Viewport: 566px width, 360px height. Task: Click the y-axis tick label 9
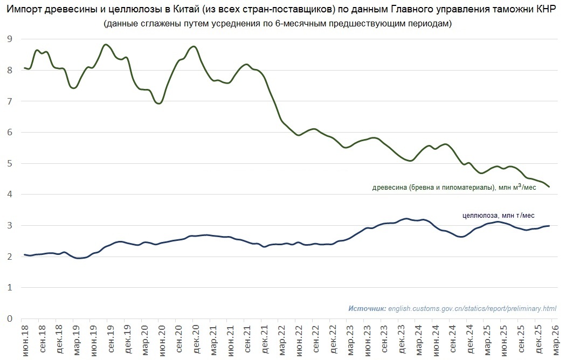tap(9, 39)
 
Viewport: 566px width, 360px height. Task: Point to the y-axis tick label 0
tap(9, 319)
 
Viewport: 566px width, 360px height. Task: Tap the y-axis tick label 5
tap(9, 163)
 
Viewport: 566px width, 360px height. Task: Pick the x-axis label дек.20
tap(195, 340)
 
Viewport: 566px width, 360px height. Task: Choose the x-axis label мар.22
tap(281, 340)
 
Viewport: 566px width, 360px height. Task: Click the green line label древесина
tap(390, 188)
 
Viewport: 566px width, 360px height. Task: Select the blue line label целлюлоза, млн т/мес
tap(499, 215)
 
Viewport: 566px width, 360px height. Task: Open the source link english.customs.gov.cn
tap(472, 308)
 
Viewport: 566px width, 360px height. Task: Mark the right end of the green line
tap(549, 186)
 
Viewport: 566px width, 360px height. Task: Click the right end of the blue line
tap(549, 226)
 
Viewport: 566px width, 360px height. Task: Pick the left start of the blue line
tap(24, 254)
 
